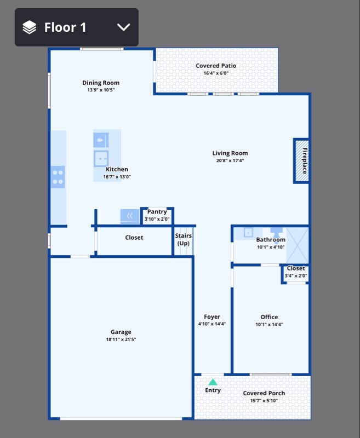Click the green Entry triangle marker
click(213, 382)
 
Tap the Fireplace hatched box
click(301, 161)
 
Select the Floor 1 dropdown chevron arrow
click(123, 27)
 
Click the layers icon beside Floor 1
click(30, 27)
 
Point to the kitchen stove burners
click(58, 177)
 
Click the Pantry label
click(157, 212)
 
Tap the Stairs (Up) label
click(184, 239)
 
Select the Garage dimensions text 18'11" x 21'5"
click(121, 339)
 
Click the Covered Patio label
click(216, 66)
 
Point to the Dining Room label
click(101, 83)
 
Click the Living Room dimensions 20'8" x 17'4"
click(230, 160)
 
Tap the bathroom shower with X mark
click(298, 245)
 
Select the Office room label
click(269, 317)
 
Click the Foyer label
click(212, 317)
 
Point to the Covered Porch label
click(264, 393)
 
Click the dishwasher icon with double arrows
click(130, 216)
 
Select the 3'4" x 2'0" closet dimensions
click(296, 276)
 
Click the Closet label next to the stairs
click(134, 238)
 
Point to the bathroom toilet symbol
click(276, 233)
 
